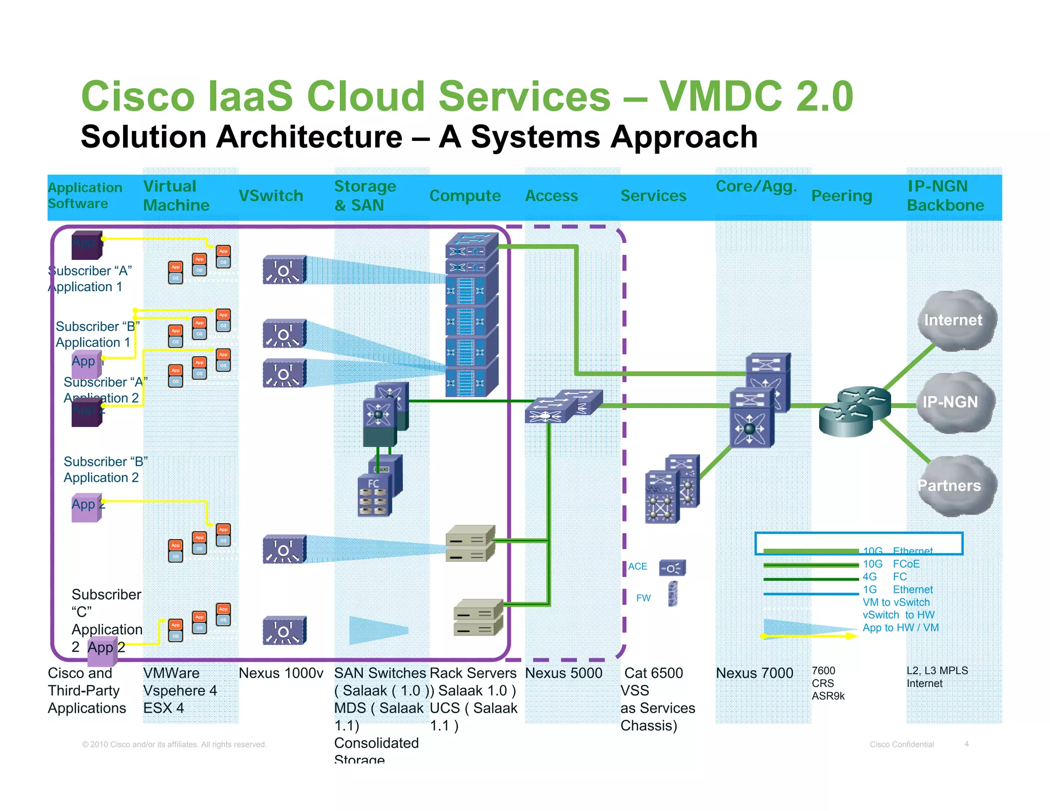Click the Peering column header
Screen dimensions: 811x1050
(x=841, y=196)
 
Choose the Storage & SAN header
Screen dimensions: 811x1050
(x=365, y=196)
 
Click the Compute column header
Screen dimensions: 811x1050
(x=465, y=196)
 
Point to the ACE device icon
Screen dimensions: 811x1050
(x=672, y=567)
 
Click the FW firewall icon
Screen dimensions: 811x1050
(x=673, y=595)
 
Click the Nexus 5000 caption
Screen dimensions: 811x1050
(x=563, y=673)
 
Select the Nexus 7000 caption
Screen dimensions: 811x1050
(x=754, y=673)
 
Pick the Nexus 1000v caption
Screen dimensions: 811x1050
(x=281, y=673)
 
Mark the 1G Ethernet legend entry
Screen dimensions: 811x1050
(x=897, y=590)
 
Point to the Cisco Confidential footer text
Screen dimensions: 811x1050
(x=901, y=744)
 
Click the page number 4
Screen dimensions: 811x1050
(x=966, y=744)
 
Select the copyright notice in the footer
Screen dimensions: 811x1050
(x=174, y=744)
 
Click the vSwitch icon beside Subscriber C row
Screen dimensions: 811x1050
(x=284, y=631)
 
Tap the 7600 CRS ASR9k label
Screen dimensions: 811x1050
(x=827, y=683)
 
